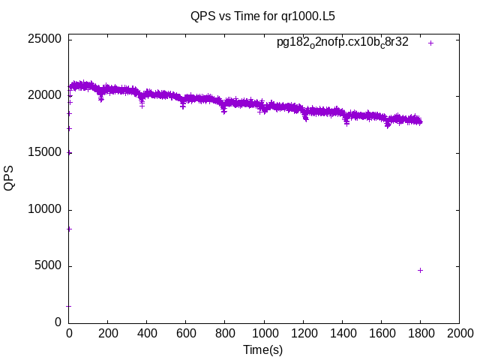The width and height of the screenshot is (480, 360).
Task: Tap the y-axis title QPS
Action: pos(10,178)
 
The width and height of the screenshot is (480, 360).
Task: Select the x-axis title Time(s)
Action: pos(263,349)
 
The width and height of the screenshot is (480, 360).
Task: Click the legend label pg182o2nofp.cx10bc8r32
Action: pos(343,42)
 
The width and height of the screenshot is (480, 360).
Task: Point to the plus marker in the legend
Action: pos(431,43)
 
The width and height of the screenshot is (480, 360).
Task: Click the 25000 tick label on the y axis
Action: pos(46,39)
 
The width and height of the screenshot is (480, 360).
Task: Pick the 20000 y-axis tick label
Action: pos(46,96)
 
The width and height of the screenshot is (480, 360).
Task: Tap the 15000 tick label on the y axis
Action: pos(46,153)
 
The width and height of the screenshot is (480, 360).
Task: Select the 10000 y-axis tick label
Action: pos(46,209)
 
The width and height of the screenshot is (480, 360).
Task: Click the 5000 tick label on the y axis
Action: pos(49,266)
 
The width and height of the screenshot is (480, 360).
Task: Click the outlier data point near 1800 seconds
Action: pos(420,270)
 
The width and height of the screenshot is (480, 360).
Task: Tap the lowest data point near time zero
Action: pos(69,306)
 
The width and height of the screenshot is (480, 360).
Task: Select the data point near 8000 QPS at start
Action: pos(69,229)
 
